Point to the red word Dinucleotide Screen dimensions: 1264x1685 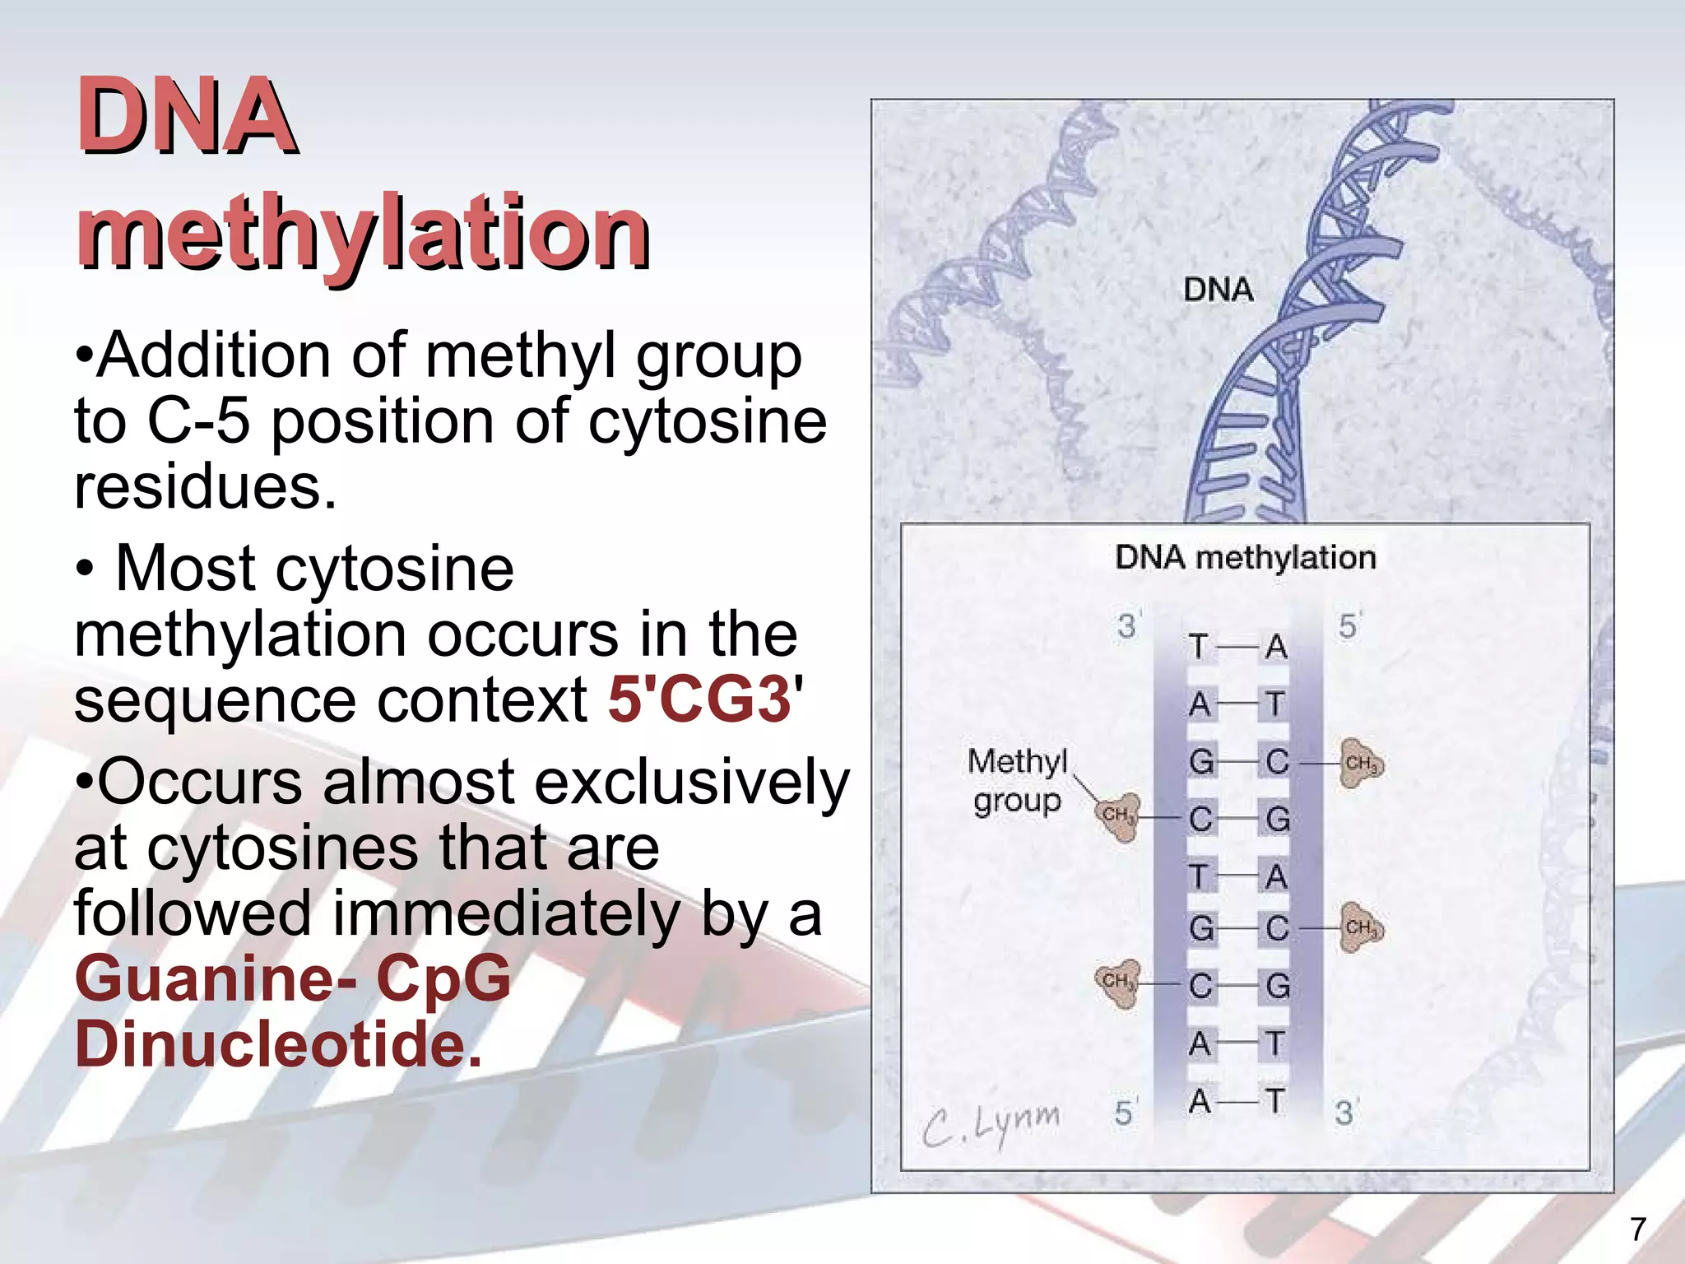[278, 1044]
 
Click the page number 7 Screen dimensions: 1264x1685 [1637, 1229]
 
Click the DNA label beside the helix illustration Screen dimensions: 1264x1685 [1218, 290]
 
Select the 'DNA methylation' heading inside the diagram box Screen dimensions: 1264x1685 [1245, 558]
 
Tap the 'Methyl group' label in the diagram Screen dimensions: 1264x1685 [1017, 780]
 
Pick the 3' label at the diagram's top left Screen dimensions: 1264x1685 [1127, 626]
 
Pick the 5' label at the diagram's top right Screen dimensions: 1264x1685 [1348, 626]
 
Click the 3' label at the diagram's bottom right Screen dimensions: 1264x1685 [1344, 1113]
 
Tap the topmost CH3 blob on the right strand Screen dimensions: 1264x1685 [1361, 764]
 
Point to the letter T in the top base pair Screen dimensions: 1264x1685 [1199, 647]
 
